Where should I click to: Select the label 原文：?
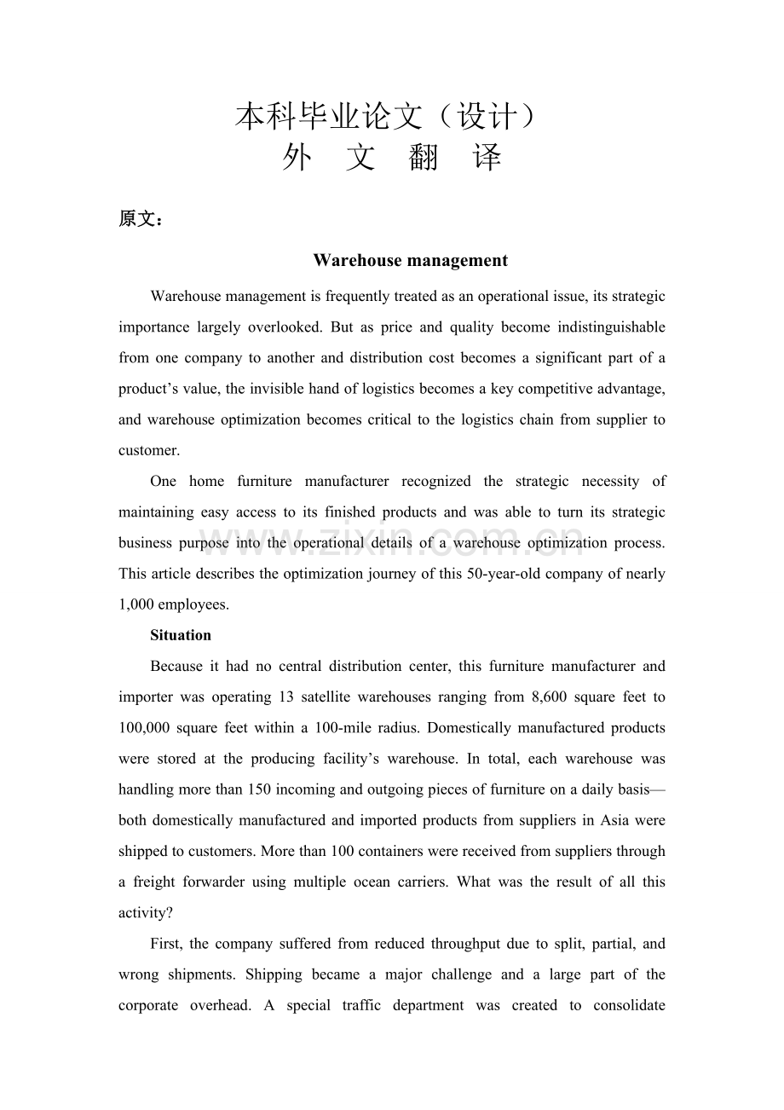point(141,219)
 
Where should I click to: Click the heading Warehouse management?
point(410,261)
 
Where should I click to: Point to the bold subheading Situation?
point(181,635)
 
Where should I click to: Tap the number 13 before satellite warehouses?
point(286,697)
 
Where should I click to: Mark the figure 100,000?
point(145,728)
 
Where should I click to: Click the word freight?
point(158,882)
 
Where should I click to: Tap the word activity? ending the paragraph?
point(146,912)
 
